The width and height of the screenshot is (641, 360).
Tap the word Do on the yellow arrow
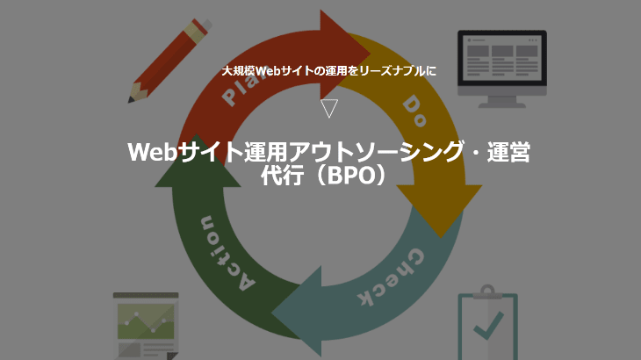pyautogui.click(x=414, y=111)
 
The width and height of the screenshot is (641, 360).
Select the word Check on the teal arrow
pyautogui.click(x=392, y=277)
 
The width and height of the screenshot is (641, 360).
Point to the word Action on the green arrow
pyautogui.click(x=227, y=254)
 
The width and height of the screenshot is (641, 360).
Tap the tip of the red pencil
pyautogui.click(x=130, y=100)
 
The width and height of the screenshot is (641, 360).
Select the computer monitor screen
pyautogui.click(x=502, y=58)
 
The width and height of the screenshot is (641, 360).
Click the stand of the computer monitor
pyautogui.click(x=502, y=102)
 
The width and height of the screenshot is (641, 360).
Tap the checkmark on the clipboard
pyautogui.click(x=489, y=325)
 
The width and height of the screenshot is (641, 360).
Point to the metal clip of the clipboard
pyautogui.click(x=487, y=292)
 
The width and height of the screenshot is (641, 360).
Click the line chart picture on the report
pyautogui.click(x=146, y=321)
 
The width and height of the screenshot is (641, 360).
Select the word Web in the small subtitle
pyautogui.click(x=267, y=71)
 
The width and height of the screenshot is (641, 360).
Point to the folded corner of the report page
pyautogui.click(x=172, y=356)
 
